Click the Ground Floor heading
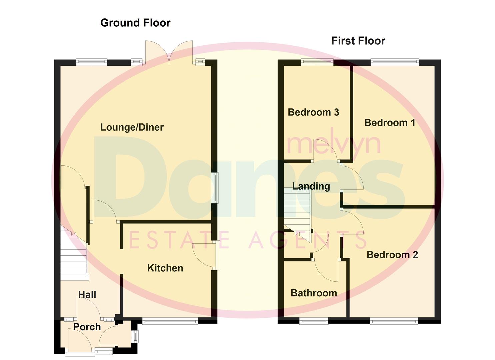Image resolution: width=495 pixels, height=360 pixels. click(x=135, y=23)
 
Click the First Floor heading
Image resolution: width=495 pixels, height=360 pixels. click(x=358, y=41)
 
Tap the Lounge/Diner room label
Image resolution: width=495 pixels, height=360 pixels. click(x=132, y=127)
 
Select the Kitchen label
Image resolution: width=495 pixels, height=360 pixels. click(x=165, y=268)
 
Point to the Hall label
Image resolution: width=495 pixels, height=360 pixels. click(x=87, y=294)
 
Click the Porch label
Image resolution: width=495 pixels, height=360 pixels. click(x=87, y=327)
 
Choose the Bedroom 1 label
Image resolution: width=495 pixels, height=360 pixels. click(x=390, y=122)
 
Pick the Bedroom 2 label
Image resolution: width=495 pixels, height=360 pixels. click(x=392, y=255)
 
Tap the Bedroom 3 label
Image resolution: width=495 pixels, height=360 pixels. click(x=313, y=112)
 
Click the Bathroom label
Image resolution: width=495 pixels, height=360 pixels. click(x=314, y=293)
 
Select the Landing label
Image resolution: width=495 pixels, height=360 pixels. click(x=311, y=186)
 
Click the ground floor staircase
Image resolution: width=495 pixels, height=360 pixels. click(x=74, y=253)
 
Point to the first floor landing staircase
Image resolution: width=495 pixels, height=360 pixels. click(x=297, y=210)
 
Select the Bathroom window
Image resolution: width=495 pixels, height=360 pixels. click(x=314, y=321)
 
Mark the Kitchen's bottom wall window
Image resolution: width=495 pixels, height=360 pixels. click(x=170, y=321)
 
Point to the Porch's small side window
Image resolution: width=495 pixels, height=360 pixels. click(x=135, y=336)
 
